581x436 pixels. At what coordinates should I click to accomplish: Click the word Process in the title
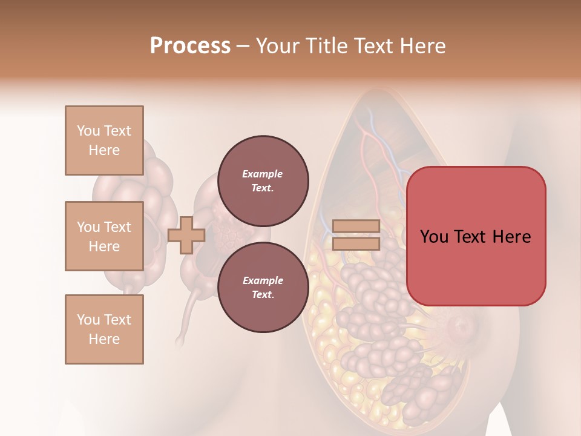pos(190,46)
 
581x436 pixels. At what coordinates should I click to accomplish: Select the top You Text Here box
pos(104,140)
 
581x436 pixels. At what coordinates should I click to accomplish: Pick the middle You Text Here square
pos(104,236)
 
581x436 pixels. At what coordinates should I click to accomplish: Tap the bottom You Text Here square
pos(104,329)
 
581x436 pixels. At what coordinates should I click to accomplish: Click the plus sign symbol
pos(186,235)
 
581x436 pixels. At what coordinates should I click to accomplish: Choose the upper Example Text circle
pos(263,180)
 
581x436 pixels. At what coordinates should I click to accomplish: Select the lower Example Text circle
pos(263,287)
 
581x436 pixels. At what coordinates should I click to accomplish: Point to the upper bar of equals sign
pos(356,226)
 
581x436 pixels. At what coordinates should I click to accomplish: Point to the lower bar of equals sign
pos(356,243)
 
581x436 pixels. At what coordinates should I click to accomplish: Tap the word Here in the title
pos(422,46)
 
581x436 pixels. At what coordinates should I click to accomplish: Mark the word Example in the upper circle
pos(262,174)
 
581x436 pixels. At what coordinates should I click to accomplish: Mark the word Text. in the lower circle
pos(263,294)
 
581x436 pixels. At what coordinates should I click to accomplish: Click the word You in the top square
pos(88,131)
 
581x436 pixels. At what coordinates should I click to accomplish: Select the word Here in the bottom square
pos(104,339)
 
